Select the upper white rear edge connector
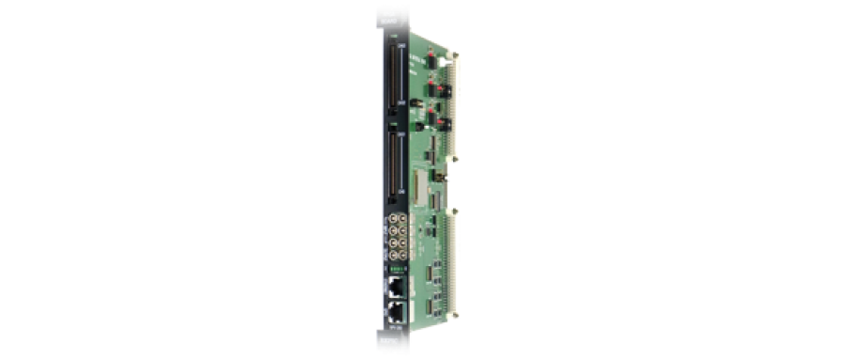coord(454,99)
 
